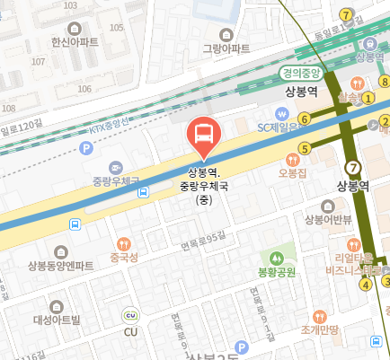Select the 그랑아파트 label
(x=226, y=48)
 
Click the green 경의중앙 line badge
(x=300, y=75)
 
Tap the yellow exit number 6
(x=306, y=119)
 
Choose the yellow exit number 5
(x=306, y=148)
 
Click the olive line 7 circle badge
(x=353, y=167)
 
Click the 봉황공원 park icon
(x=277, y=255)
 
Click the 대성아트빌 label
(x=57, y=319)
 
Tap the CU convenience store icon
(x=131, y=315)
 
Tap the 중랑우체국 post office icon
(x=116, y=167)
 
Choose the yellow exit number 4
(x=366, y=285)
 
